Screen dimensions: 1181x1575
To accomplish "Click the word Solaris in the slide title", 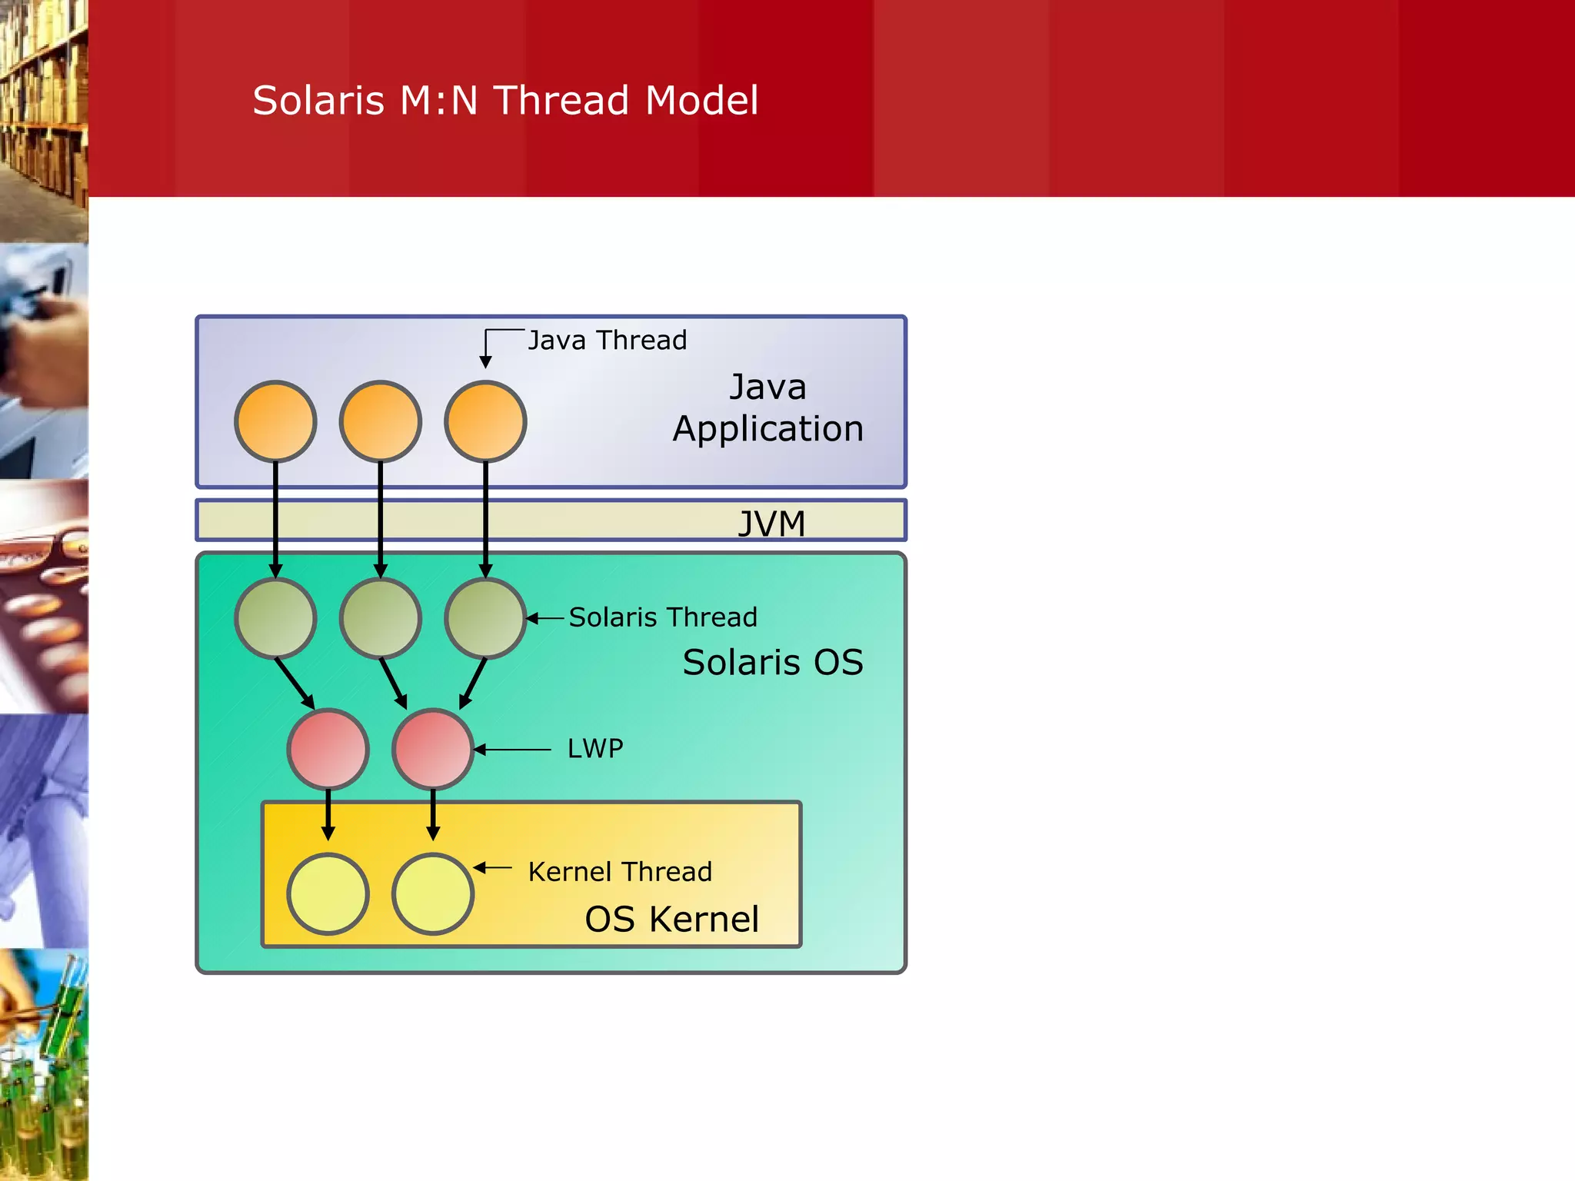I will coord(318,101).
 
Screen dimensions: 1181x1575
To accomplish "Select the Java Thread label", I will coord(608,341).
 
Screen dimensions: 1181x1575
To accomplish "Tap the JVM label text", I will coord(771,524).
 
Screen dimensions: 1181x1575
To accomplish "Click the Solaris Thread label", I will coord(663,617).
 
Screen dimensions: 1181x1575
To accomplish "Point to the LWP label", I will coord(595,748).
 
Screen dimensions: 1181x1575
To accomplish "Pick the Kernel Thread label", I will coord(620,872).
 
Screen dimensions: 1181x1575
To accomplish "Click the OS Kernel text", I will coord(671,919).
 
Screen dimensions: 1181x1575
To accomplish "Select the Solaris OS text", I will coord(773,662).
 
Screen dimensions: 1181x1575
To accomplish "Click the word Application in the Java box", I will coord(768,428).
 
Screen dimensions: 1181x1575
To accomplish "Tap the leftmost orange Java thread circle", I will coord(275,421).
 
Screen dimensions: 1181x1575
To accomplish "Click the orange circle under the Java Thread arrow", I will coord(485,421).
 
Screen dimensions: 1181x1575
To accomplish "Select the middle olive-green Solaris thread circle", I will coord(381,618).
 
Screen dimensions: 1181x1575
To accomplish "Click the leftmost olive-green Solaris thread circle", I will coord(275,618).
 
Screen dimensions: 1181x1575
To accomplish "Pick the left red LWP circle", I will coord(328,749).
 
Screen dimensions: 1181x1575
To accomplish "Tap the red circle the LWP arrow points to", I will coord(433,749).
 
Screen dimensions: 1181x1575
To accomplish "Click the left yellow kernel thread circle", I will coord(328,893).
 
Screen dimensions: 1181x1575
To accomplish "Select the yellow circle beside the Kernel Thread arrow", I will coord(433,893).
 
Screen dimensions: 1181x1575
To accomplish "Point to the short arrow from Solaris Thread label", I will coord(546,618).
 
